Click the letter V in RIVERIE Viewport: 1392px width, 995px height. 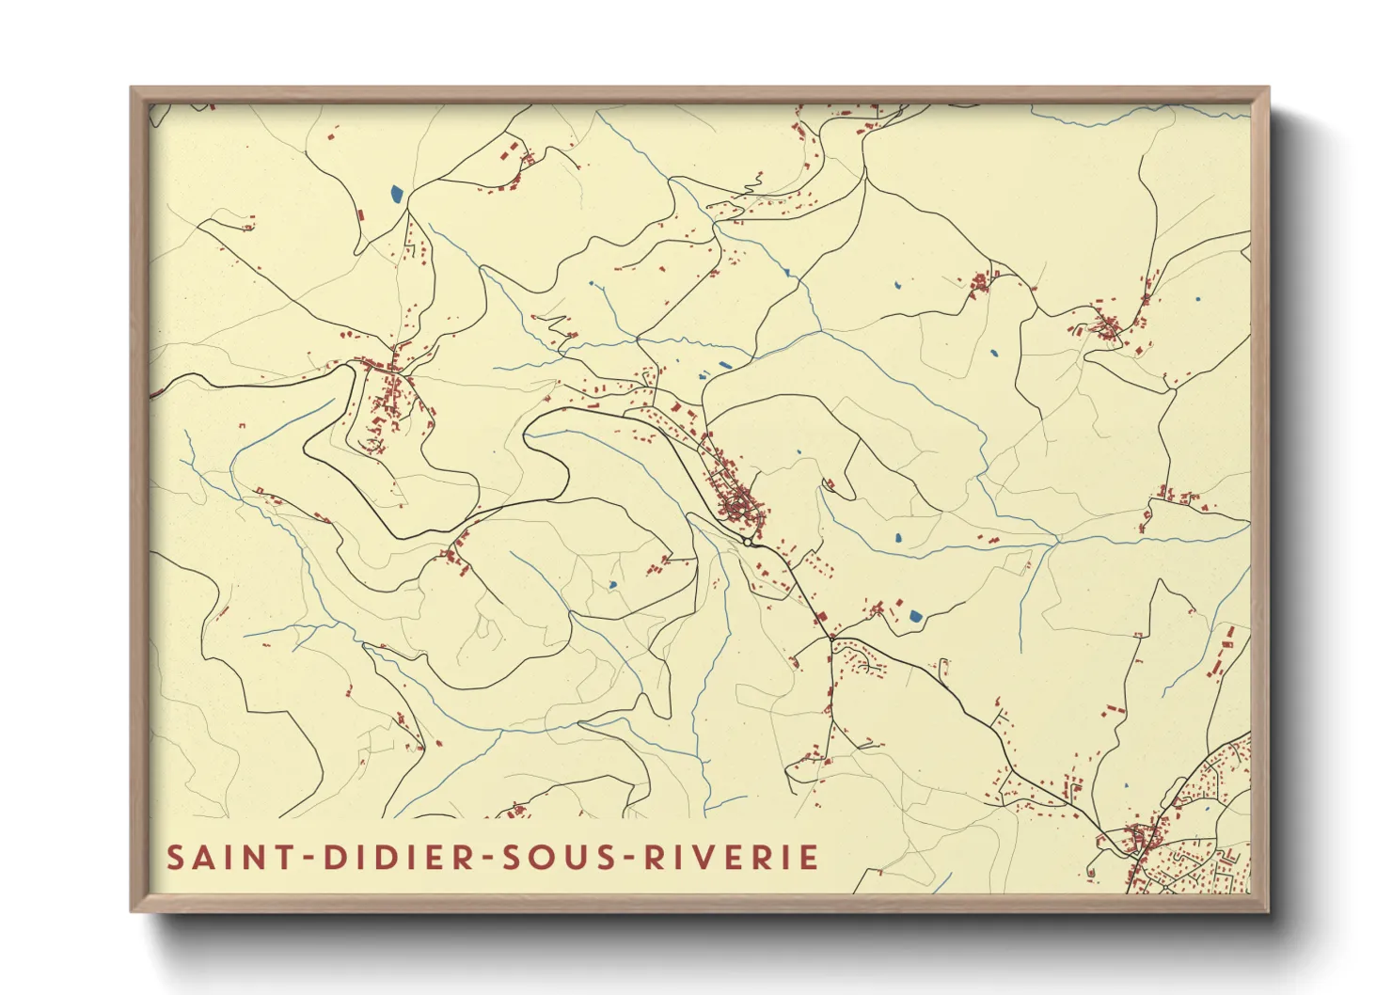pyautogui.click(x=703, y=858)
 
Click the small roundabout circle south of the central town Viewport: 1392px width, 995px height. pyautogui.click(x=747, y=542)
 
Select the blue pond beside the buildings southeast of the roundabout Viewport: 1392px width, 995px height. pyautogui.click(x=915, y=617)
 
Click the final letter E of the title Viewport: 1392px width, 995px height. pyautogui.click(x=807, y=858)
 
